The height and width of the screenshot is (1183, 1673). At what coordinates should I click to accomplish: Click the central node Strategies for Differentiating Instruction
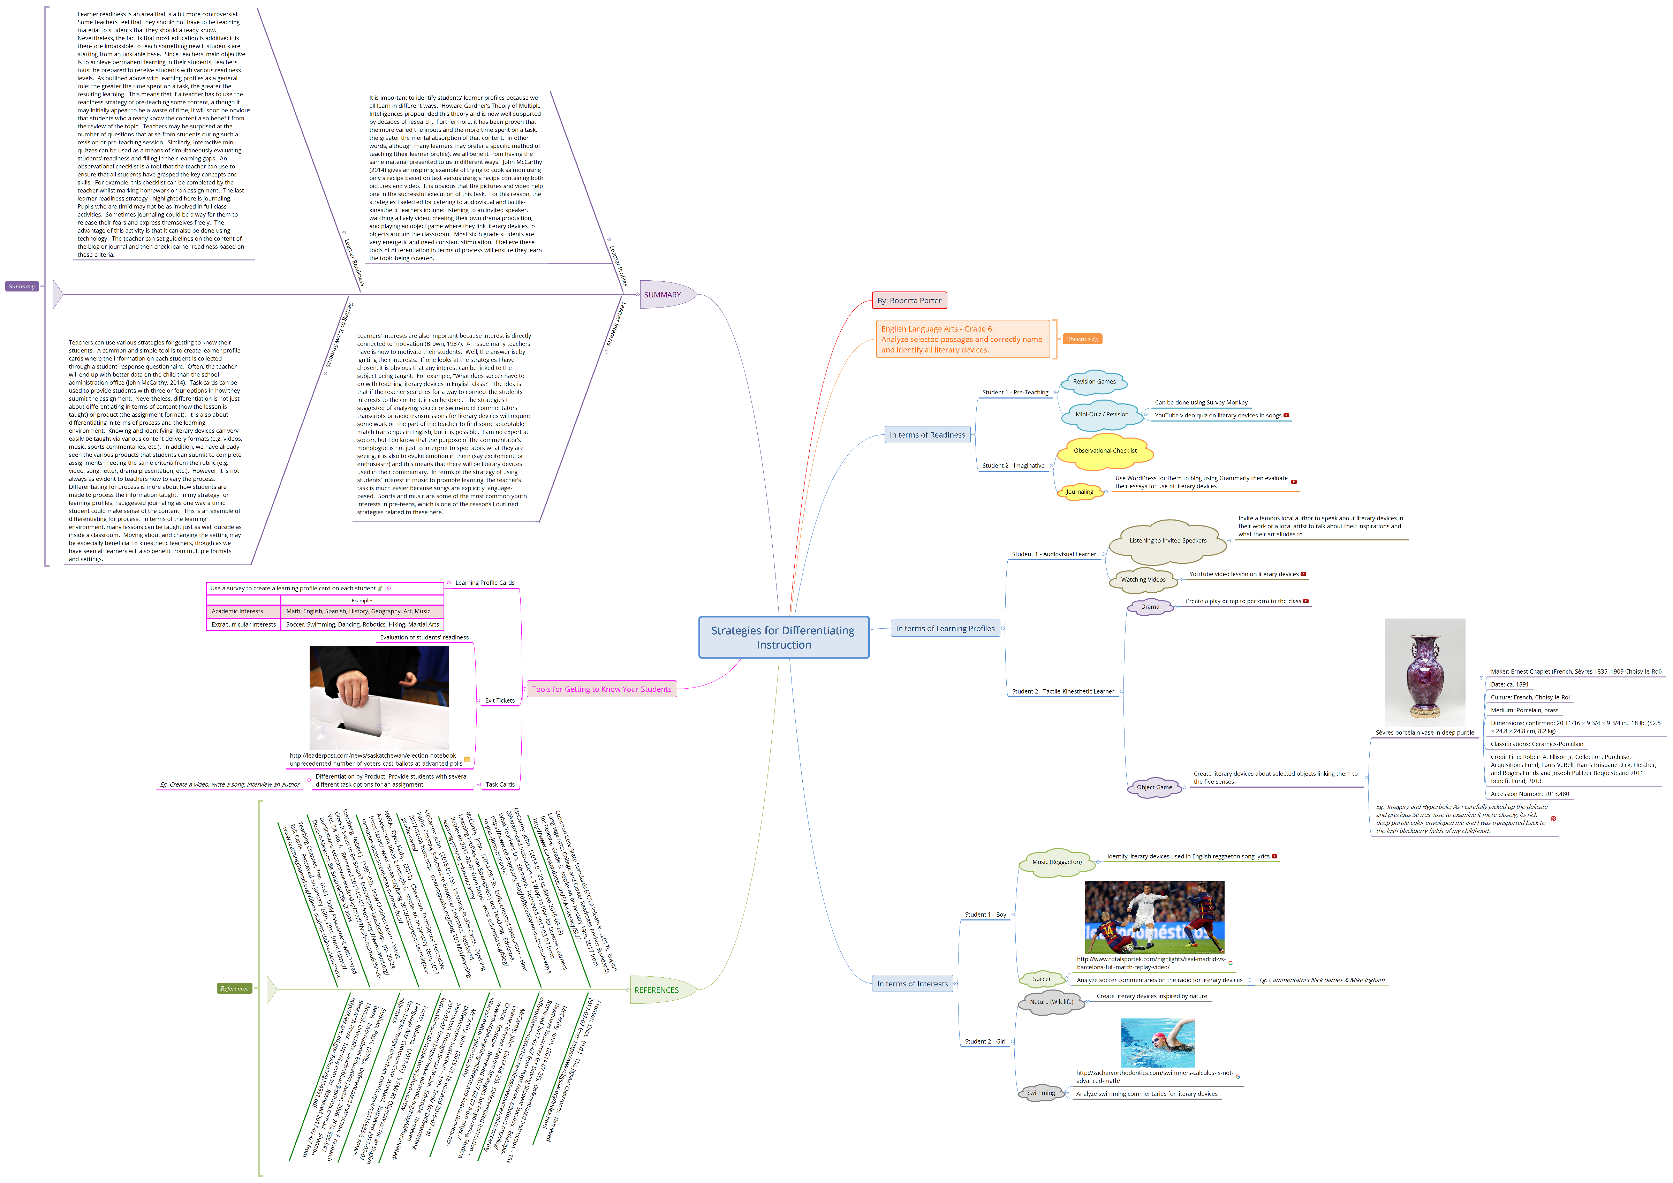coord(783,637)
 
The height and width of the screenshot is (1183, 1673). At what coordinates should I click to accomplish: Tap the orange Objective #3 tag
coord(1081,339)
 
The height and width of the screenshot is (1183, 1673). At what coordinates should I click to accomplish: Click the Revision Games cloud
coord(1094,382)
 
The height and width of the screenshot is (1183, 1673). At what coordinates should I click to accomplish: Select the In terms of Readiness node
coord(927,435)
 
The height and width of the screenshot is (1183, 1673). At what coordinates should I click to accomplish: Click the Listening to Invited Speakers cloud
coord(1167,540)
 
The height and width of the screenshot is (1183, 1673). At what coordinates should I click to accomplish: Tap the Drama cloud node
coord(1150,607)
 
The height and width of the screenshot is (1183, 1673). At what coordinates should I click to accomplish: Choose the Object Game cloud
coord(1154,788)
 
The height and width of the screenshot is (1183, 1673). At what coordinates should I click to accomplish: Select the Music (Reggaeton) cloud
coord(1057,862)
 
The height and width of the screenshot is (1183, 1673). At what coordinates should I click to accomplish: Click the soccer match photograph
coord(1154,917)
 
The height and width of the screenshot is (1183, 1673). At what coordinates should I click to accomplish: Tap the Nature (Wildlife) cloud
coord(1051,1002)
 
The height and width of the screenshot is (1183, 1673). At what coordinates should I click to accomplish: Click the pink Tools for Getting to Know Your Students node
coord(601,689)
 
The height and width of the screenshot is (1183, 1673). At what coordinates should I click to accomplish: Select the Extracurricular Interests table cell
coord(243,624)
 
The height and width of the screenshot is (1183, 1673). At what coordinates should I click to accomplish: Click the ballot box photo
coord(379,698)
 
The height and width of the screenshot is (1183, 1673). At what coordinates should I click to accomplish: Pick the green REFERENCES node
coord(657,990)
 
